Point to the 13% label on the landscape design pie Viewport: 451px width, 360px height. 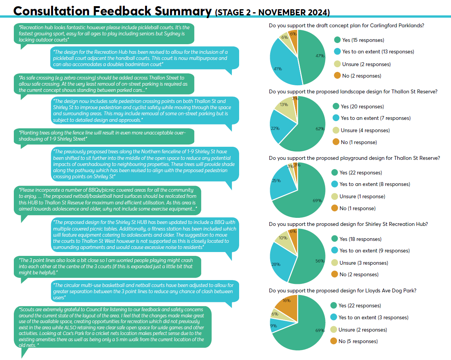point(284,105)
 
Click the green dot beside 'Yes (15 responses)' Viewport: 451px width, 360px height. point(337,40)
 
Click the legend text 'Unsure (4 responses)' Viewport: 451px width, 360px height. point(365,130)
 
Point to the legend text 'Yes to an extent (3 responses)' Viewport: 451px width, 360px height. point(373,317)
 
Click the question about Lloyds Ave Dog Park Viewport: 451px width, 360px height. point(342,290)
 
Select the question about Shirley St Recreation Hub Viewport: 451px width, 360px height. point(348,224)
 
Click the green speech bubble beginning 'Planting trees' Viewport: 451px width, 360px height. point(104,136)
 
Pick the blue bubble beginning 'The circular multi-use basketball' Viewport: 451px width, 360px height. point(145,291)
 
